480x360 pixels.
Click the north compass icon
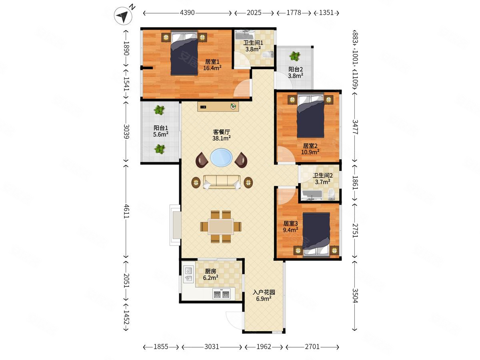coord(123,15)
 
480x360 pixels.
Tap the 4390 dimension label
coord(187,13)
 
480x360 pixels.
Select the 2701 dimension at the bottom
coord(312,347)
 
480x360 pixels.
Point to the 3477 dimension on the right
coord(355,127)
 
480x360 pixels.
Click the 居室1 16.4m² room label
coord(212,65)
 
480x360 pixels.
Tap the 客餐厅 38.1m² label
coord(221,135)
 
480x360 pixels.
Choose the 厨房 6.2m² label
coord(210,274)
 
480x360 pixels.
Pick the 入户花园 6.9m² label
coord(264,296)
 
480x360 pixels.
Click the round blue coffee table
coord(221,158)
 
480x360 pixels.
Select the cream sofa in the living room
coord(222,182)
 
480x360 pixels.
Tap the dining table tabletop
coord(221,227)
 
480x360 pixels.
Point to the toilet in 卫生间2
coord(332,194)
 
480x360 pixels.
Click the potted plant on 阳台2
coord(294,56)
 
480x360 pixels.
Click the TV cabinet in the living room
coord(218,107)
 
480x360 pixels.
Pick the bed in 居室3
coord(316,234)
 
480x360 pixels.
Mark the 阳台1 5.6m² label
coord(161,131)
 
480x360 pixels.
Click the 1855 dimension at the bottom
coord(161,347)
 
